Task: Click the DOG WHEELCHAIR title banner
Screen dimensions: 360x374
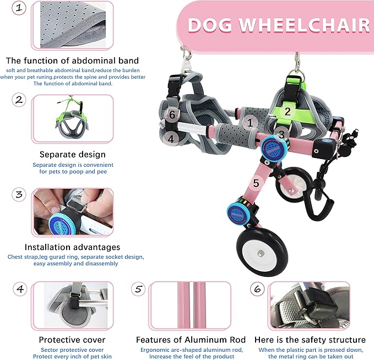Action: pos(278,25)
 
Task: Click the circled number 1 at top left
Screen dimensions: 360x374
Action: pos(19,8)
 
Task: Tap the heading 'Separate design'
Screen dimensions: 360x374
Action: pos(72,155)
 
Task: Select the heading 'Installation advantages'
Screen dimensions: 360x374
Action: pos(72,247)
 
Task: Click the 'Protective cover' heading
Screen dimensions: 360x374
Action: pos(72,340)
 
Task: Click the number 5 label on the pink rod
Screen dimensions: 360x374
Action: pos(256,182)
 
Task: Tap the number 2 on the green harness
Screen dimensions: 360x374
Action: pos(287,111)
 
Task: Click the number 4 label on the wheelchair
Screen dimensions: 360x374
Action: pos(171,139)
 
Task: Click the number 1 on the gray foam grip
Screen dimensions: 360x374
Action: pos(250,123)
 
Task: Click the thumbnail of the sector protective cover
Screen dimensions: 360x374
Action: pos(72,306)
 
